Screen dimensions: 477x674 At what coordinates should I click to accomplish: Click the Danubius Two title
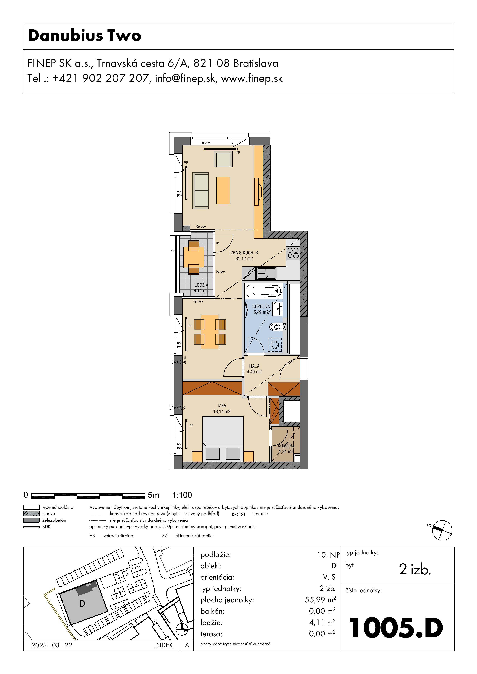(85, 36)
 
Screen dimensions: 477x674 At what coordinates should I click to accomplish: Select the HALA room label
(254, 366)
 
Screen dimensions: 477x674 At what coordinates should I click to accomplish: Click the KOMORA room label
(286, 446)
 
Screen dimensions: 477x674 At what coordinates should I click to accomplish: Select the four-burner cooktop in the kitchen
(293, 253)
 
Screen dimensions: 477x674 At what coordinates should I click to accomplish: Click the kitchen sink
(266, 273)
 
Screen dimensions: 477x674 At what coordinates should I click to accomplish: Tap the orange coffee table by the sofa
(223, 191)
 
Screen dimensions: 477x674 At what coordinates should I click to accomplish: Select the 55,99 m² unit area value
(320, 600)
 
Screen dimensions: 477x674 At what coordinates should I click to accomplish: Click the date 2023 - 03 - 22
(52, 645)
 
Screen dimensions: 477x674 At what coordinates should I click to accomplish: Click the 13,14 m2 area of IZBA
(222, 412)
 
